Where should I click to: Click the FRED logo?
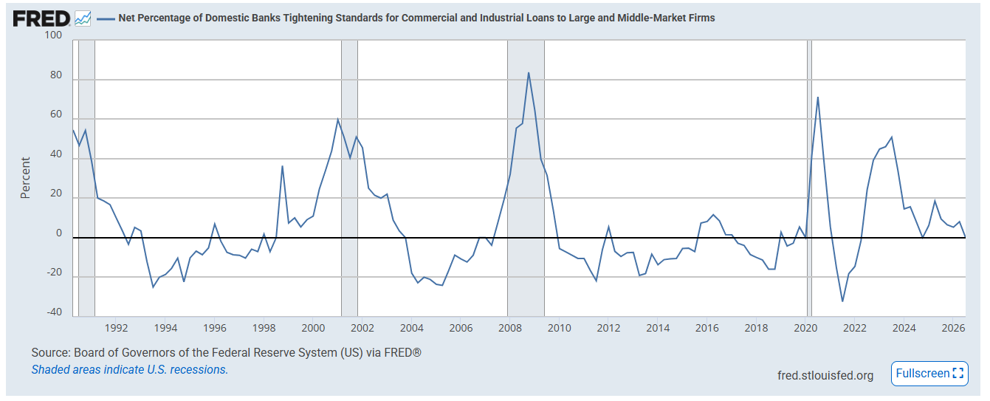[41, 18]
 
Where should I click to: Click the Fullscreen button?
[929, 374]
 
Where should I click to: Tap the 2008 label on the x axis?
[510, 328]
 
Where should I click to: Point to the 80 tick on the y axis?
[56, 75]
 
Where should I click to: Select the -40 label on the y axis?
[55, 312]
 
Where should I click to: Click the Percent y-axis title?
[25, 178]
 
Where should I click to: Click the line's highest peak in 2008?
[528, 73]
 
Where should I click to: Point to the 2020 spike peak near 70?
[818, 97]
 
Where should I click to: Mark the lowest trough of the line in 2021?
[842, 301]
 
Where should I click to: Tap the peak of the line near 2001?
[337, 119]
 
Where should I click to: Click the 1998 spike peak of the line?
[282, 166]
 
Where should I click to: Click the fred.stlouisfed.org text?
[825, 375]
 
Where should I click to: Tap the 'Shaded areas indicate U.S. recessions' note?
[129, 369]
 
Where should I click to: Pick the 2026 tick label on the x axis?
[953, 328]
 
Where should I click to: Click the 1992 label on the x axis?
[116, 328]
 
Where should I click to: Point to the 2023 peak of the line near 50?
[892, 137]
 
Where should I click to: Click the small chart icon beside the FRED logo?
[83, 18]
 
